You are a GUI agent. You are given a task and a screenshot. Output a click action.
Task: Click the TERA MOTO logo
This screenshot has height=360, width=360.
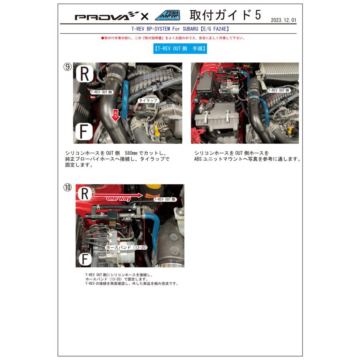(x=167, y=16)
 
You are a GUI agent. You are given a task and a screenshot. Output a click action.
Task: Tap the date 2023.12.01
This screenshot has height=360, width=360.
(x=284, y=20)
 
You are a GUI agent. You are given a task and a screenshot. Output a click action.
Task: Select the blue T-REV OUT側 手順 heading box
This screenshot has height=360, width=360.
(x=180, y=49)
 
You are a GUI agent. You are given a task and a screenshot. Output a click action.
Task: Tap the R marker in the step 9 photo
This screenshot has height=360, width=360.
(x=84, y=74)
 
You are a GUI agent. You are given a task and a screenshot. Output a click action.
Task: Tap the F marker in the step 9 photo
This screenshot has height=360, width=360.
(x=84, y=131)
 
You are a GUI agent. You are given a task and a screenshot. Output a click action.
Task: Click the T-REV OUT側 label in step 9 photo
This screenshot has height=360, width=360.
(x=102, y=92)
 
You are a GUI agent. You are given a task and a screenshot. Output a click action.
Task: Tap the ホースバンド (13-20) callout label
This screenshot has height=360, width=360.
(x=126, y=248)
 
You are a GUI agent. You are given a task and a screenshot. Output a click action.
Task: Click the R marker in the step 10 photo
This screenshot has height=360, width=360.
(x=85, y=194)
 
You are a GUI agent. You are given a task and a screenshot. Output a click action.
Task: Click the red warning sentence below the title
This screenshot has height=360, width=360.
(x=173, y=38)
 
